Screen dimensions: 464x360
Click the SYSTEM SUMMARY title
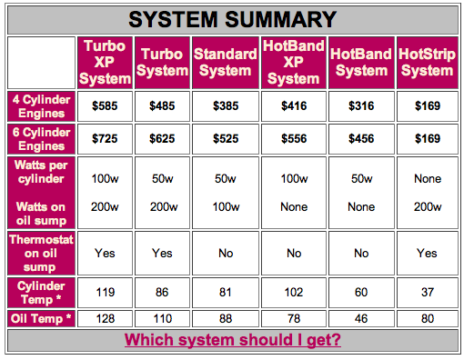click(233, 19)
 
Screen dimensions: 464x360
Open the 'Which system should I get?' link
click(233, 340)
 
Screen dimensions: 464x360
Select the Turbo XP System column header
click(105, 63)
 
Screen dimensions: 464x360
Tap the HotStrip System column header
click(428, 63)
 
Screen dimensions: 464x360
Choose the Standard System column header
click(226, 63)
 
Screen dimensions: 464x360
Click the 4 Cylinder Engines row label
click(41, 106)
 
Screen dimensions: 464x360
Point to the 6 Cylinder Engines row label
click(41, 139)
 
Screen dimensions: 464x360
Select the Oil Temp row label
click(41, 318)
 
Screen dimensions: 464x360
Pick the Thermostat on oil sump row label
click(41, 254)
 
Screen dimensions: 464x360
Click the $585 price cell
click(105, 106)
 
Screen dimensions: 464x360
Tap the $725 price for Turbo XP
click(105, 139)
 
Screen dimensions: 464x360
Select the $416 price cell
click(294, 106)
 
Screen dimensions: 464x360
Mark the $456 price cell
click(361, 139)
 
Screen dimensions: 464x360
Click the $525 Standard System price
click(226, 139)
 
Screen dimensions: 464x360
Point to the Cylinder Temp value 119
click(106, 293)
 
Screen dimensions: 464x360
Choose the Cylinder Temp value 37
click(428, 293)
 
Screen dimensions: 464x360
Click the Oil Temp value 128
click(106, 319)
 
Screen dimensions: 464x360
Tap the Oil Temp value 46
click(361, 319)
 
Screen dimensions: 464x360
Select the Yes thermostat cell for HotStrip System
click(427, 253)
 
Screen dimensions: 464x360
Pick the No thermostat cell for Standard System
click(226, 253)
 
